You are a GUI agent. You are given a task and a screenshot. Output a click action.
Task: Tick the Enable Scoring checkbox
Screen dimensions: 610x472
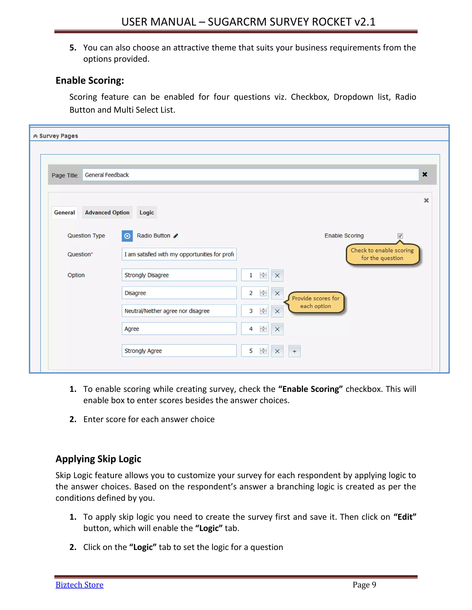(400, 236)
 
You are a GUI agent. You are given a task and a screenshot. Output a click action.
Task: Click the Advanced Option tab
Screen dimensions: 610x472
(107, 212)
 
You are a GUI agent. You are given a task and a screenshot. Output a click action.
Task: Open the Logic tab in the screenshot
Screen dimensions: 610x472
(147, 212)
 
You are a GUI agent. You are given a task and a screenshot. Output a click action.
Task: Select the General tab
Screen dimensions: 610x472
(64, 212)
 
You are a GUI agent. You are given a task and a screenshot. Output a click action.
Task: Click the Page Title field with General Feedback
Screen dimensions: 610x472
(250, 175)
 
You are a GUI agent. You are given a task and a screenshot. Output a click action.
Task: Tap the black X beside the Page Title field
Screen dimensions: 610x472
(425, 174)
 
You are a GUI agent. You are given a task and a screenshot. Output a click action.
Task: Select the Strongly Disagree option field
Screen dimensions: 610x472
(179, 275)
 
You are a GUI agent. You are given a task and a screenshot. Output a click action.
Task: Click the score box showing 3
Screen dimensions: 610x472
(251, 311)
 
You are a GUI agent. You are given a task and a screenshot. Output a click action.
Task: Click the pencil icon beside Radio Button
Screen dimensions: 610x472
(176, 236)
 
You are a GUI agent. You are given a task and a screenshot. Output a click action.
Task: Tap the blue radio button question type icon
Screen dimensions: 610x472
(127, 236)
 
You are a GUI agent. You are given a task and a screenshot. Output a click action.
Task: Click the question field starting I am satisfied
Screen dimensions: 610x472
(179, 254)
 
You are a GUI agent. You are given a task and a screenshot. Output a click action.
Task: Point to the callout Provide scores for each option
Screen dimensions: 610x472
(316, 302)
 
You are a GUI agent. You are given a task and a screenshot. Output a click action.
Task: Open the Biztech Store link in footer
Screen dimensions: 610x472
(80, 585)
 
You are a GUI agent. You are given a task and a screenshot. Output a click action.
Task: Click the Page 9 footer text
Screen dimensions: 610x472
(364, 585)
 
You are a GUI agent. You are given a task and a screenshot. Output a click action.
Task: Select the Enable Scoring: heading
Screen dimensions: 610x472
(89, 80)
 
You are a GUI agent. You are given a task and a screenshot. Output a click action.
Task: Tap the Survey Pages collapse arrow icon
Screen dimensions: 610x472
(35, 136)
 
